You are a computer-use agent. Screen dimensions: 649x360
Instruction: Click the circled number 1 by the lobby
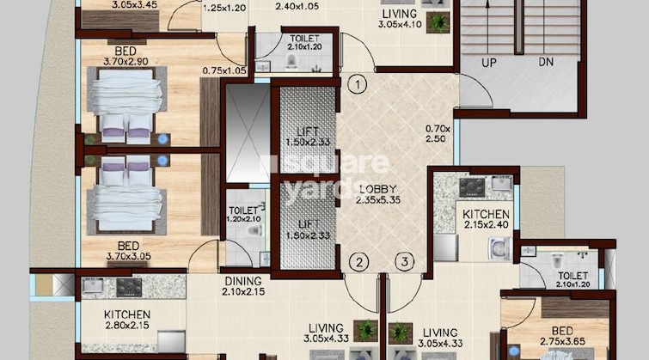pyautogui.click(x=358, y=85)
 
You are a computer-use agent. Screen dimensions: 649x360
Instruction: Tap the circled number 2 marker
pyautogui.click(x=358, y=262)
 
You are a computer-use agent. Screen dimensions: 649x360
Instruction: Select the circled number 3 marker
pyautogui.click(x=404, y=261)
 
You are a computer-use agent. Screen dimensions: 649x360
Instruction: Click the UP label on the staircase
pyautogui.click(x=489, y=63)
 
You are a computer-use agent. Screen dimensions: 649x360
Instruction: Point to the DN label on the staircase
pyautogui.click(x=546, y=62)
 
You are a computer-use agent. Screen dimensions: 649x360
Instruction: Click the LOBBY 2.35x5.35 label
pyautogui.click(x=378, y=194)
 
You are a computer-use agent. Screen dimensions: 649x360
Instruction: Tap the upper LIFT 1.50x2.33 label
pyautogui.click(x=308, y=137)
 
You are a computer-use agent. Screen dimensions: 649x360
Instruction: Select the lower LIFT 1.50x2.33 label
pyautogui.click(x=308, y=229)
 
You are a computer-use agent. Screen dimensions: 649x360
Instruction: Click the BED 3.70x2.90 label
pyautogui.click(x=126, y=56)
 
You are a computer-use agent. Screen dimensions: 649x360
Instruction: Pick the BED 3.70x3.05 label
pyautogui.click(x=128, y=251)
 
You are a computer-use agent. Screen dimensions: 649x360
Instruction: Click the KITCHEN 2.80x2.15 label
pyautogui.click(x=127, y=320)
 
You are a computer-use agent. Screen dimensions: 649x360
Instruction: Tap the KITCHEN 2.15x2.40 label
pyautogui.click(x=486, y=219)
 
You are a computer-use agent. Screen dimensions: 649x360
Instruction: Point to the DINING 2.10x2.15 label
pyautogui.click(x=243, y=286)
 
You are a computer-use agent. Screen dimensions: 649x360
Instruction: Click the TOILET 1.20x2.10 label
pyautogui.click(x=243, y=215)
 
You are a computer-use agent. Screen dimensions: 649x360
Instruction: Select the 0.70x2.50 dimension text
pyautogui.click(x=438, y=134)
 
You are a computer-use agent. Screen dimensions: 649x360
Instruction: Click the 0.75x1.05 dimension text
pyautogui.click(x=224, y=70)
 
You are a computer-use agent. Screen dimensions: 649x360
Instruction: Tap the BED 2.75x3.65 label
pyautogui.click(x=562, y=336)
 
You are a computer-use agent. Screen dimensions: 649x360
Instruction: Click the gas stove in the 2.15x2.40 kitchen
pyautogui.click(x=472, y=186)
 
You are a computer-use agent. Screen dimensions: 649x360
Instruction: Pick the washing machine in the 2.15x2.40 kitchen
pyautogui.click(x=500, y=249)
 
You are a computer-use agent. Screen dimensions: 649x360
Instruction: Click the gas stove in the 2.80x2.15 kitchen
pyautogui.click(x=129, y=287)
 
